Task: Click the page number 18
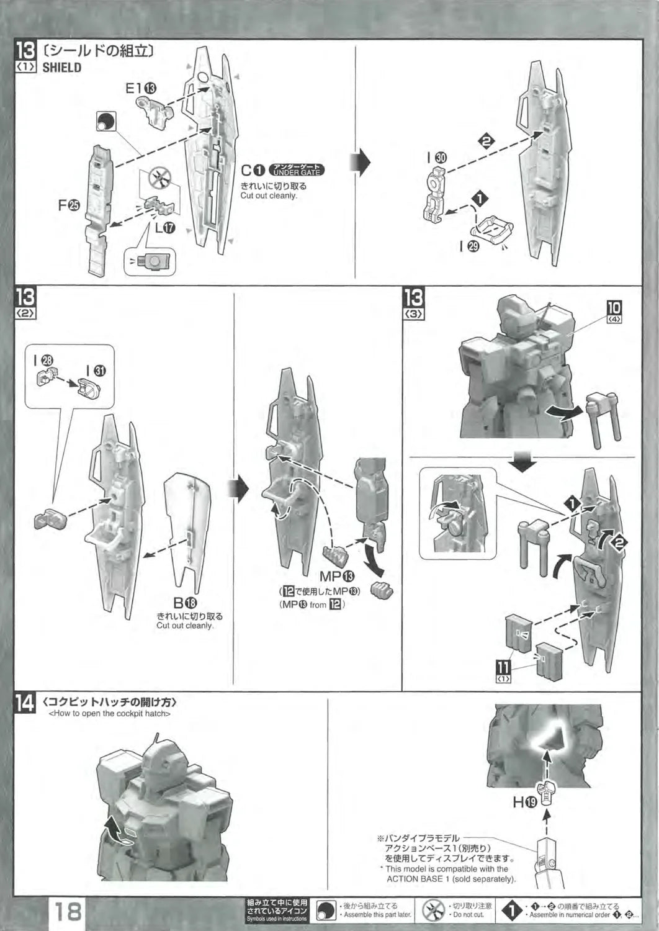[x=68, y=911]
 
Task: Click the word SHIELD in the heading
[x=61, y=68]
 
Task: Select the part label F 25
[x=69, y=205]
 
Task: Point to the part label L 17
[x=164, y=228]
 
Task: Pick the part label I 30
[x=436, y=158]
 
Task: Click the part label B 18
[x=184, y=602]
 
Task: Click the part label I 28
[x=43, y=359]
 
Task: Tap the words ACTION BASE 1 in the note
[x=416, y=879]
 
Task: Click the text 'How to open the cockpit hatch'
[x=109, y=714]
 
